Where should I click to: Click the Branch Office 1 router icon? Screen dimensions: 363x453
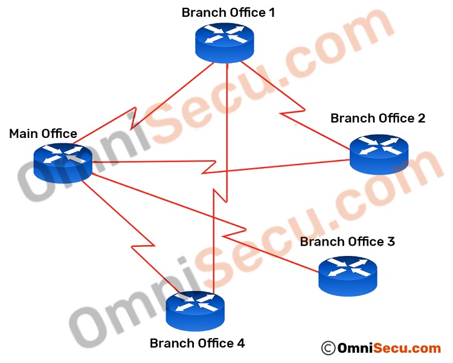(x=225, y=41)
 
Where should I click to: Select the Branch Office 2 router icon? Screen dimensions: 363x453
(x=379, y=154)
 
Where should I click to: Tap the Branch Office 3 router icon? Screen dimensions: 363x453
(x=348, y=275)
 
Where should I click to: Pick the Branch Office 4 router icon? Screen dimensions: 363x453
(x=196, y=309)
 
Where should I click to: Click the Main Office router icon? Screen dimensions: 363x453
(x=63, y=162)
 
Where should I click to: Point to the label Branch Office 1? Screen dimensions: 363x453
(x=228, y=12)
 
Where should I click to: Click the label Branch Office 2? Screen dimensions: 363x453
(x=377, y=118)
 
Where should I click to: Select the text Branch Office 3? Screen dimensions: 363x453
(x=347, y=241)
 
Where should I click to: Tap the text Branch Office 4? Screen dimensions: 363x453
(x=197, y=344)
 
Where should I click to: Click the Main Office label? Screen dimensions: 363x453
(x=43, y=134)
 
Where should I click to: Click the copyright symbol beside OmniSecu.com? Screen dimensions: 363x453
(x=328, y=348)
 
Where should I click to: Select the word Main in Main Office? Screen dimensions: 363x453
(x=22, y=134)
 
